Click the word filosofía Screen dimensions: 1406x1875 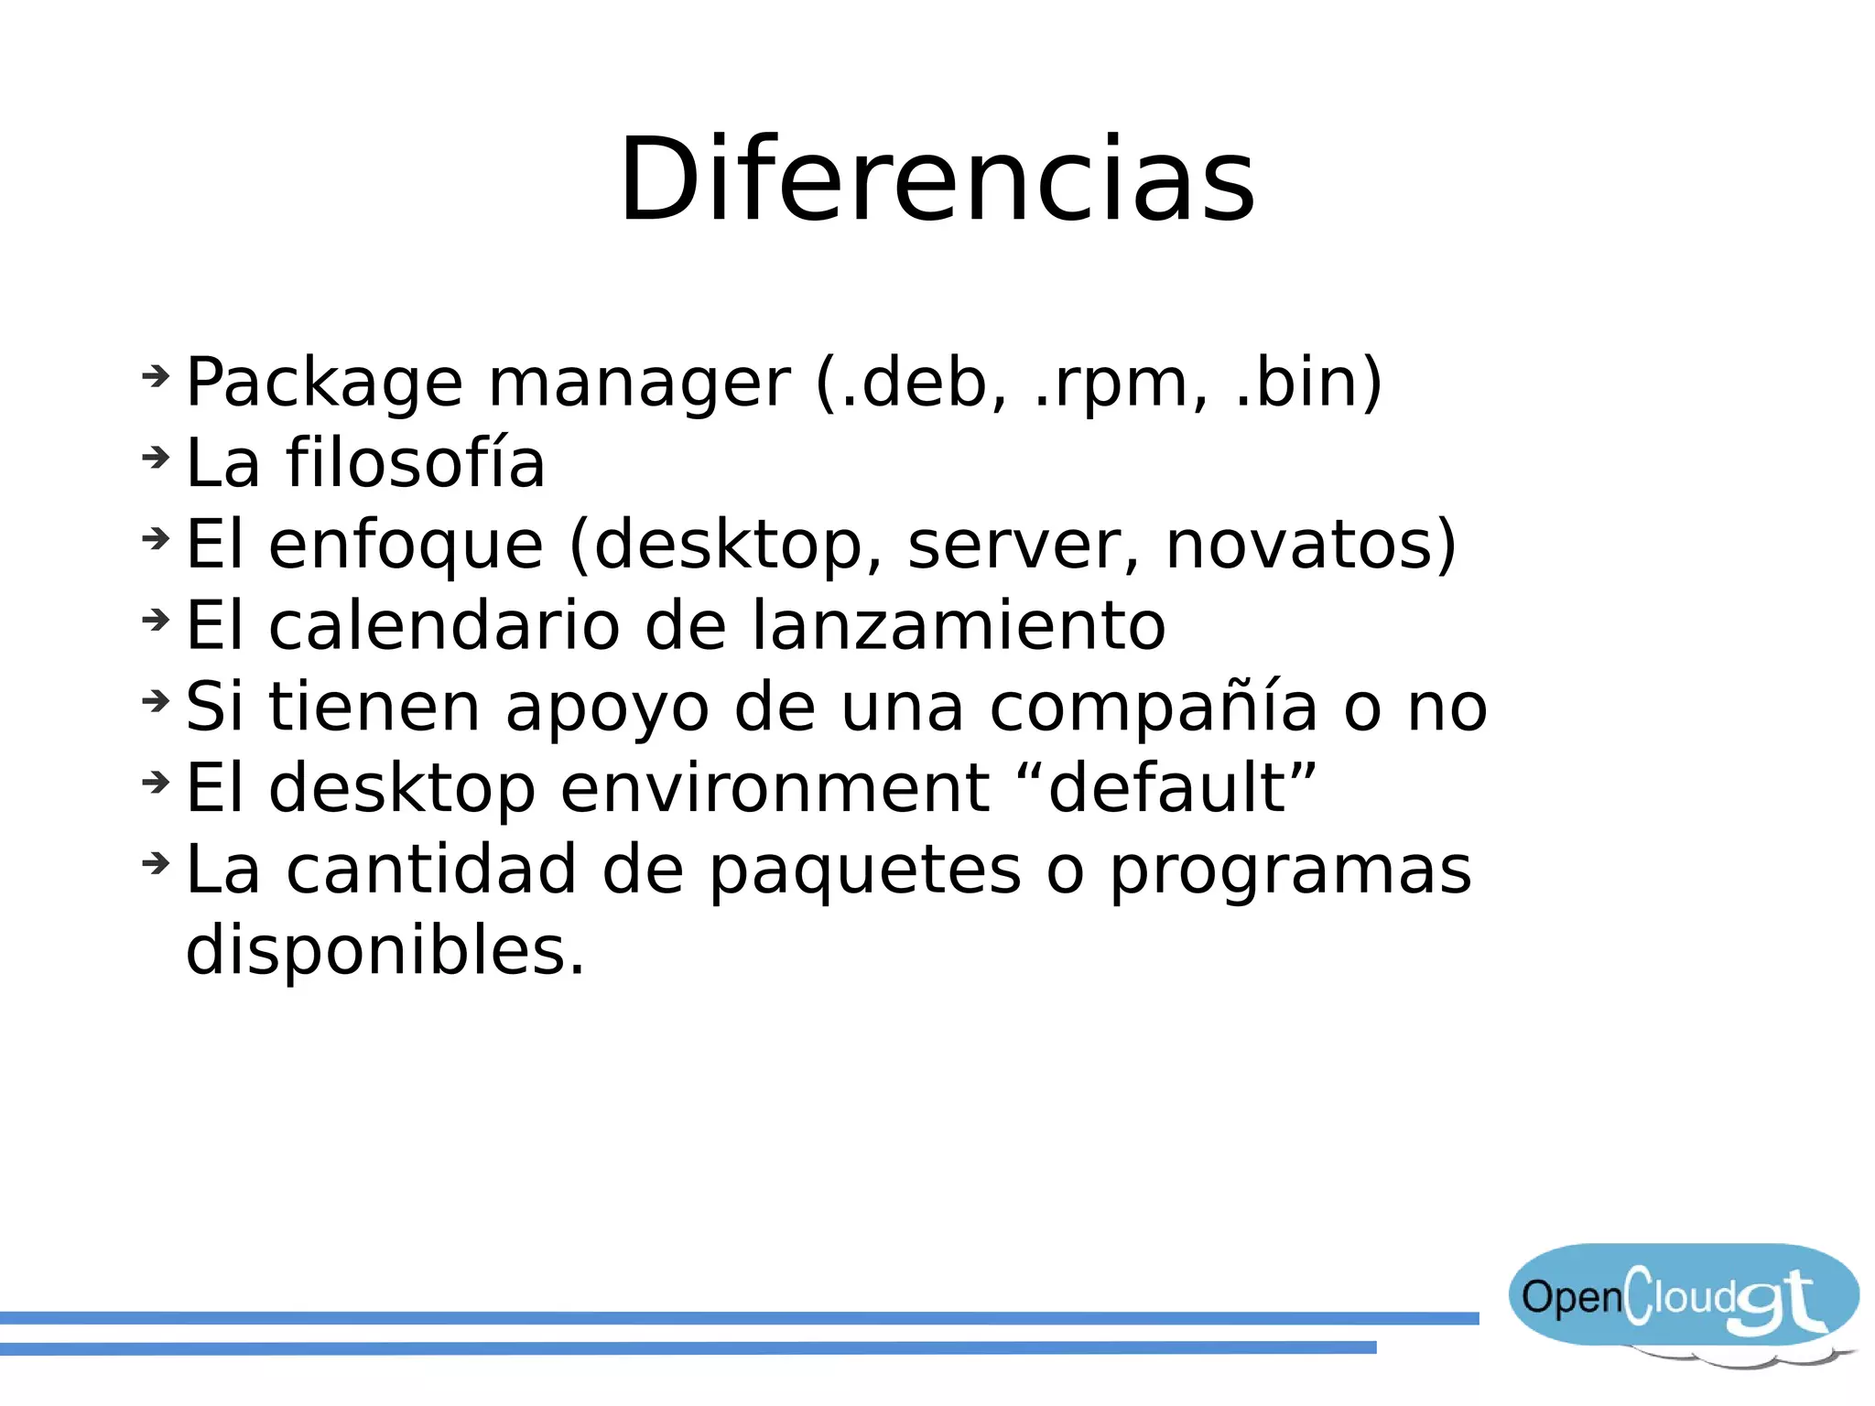[416, 462]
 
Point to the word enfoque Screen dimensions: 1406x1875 [406, 546]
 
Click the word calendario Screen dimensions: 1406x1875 [444, 625]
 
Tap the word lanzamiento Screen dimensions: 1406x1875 [959, 625]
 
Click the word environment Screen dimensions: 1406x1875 [775, 788]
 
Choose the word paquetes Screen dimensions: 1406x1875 [865, 870]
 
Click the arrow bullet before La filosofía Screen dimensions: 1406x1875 [157, 456]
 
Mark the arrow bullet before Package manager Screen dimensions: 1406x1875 [157, 374]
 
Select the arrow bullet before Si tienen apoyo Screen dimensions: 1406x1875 [157, 700]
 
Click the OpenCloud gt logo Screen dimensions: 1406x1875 [1683, 1300]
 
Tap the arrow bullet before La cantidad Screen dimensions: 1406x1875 [157, 862]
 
